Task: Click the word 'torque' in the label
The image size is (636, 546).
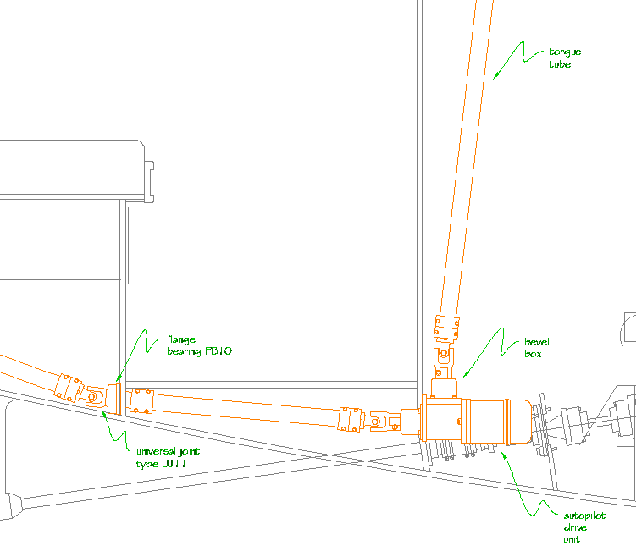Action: (x=565, y=52)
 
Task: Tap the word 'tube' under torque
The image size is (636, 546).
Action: (x=560, y=64)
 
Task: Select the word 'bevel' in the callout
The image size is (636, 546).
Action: (x=537, y=342)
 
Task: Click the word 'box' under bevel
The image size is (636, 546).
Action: (x=533, y=354)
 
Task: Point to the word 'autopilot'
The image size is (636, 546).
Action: (x=584, y=516)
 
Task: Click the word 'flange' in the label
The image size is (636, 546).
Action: (x=181, y=339)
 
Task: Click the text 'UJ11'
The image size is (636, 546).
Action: (x=174, y=463)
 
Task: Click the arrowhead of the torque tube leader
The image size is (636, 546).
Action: (x=495, y=76)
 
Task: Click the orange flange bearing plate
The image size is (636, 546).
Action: (x=114, y=400)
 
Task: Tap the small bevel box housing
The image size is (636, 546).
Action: (x=444, y=389)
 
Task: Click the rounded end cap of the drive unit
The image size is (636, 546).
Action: (x=520, y=422)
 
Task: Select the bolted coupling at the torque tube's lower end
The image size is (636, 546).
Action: (x=446, y=328)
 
